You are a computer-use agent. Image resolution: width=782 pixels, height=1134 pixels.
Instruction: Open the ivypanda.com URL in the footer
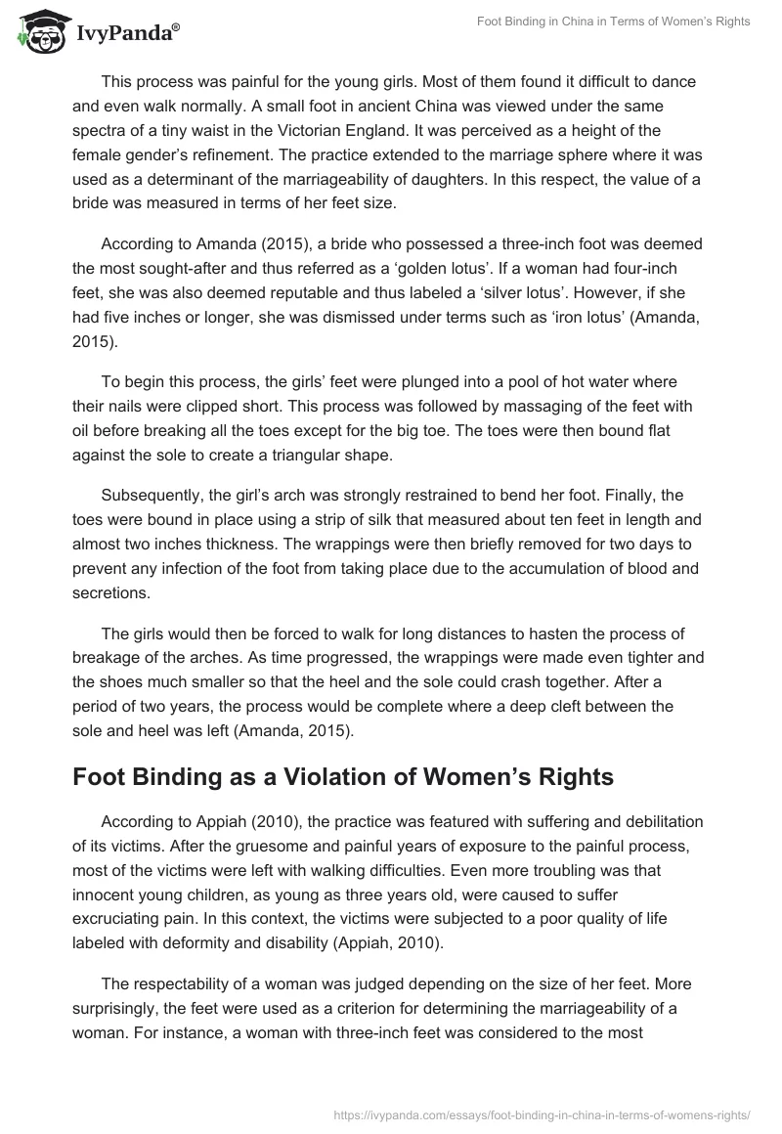coord(542,1112)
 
